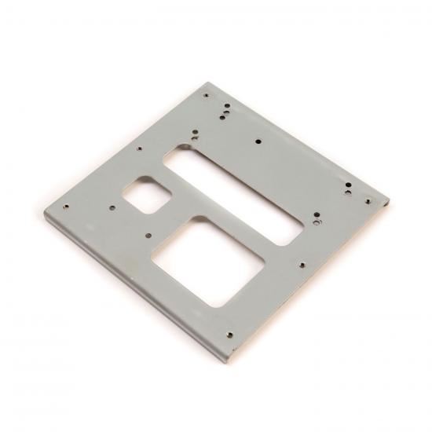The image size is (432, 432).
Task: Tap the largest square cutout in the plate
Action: click(207, 262)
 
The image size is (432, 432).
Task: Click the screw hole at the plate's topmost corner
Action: click(207, 96)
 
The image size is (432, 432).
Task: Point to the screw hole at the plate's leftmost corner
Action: click(66, 207)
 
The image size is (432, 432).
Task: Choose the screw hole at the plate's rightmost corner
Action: click(368, 201)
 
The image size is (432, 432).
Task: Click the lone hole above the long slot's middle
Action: click(259, 141)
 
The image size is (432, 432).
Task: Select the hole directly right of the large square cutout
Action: click(299, 265)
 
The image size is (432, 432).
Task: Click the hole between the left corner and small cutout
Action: click(112, 208)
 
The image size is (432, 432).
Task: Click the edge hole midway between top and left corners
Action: click(139, 148)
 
